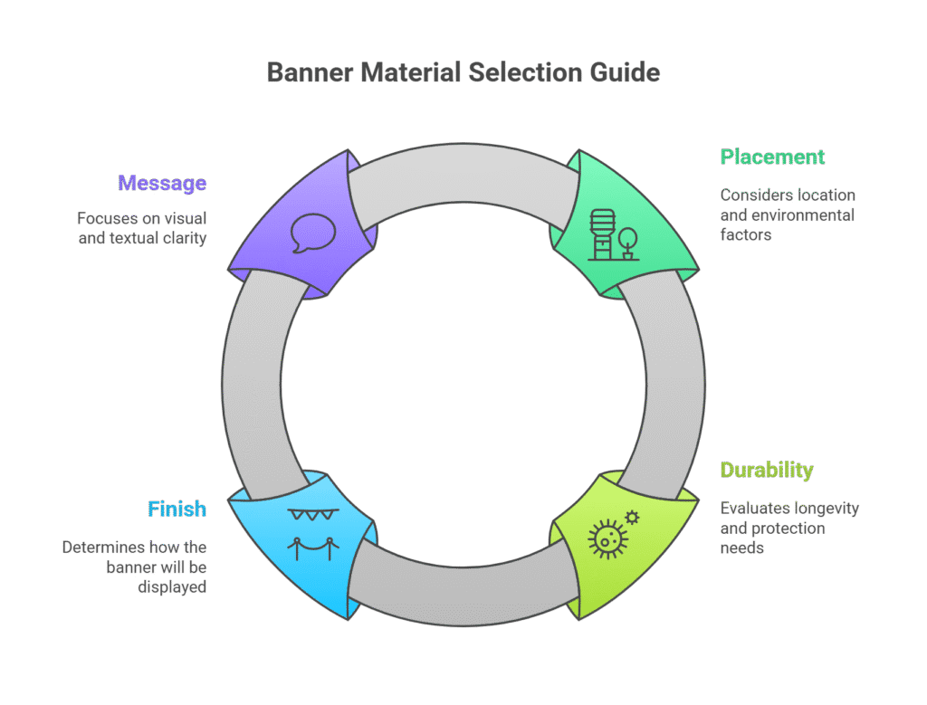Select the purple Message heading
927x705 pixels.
162,184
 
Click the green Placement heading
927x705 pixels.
772,157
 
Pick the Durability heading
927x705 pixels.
766,471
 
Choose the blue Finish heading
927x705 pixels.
177,510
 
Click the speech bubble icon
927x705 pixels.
313,233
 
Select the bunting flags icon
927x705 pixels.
312,514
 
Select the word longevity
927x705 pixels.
825,509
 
